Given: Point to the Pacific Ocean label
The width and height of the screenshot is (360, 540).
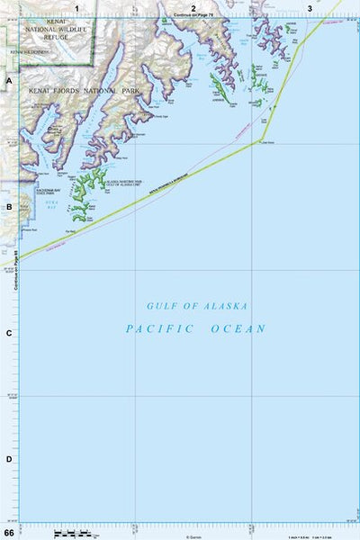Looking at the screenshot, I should point(195,328).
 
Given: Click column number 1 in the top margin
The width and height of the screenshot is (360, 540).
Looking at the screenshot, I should point(77,8).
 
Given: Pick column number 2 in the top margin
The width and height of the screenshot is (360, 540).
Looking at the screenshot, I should point(193,8).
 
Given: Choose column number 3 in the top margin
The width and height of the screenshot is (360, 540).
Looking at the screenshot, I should point(309,8).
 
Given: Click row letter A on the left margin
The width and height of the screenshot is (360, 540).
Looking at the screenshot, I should point(9,81).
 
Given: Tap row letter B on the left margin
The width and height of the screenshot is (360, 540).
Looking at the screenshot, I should point(9,207).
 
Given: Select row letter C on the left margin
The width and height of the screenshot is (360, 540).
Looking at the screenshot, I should point(9,333).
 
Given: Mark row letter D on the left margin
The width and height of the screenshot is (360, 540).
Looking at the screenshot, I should point(9,459).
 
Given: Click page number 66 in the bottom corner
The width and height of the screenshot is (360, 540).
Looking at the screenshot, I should point(9,533).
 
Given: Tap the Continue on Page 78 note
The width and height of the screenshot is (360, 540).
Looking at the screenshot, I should point(193,16).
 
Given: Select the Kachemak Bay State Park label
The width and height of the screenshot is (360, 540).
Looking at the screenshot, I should point(47,192).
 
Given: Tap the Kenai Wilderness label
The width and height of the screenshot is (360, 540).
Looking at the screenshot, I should point(29,53).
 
